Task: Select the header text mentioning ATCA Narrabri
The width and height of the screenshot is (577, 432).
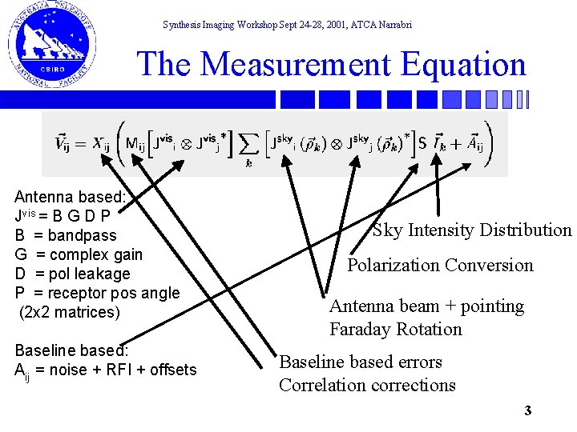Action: (x=287, y=25)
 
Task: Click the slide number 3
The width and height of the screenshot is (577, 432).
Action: (x=527, y=411)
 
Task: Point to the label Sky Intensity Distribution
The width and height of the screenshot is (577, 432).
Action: (x=472, y=230)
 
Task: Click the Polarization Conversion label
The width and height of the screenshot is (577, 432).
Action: (x=440, y=265)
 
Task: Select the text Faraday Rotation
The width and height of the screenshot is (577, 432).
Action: (x=396, y=329)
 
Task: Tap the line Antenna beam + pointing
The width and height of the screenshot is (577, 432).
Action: (x=426, y=306)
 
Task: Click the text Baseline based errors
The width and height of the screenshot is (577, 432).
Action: (x=361, y=362)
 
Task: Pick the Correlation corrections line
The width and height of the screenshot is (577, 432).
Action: (x=367, y=385)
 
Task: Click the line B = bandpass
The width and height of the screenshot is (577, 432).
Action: (x=66, y=235)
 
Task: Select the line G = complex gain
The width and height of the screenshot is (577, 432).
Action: (x=79, y=254)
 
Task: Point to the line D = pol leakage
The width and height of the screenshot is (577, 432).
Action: (x=72, y=274)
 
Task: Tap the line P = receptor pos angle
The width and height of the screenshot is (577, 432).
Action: (x=97, y=293)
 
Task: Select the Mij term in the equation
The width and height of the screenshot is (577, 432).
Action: (x=137, y=145)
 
